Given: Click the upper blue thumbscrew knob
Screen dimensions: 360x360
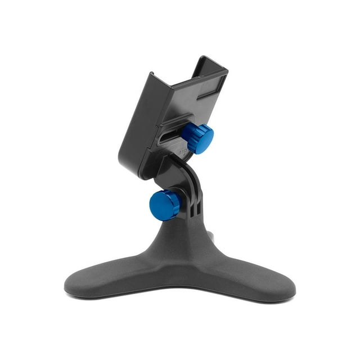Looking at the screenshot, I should (x=197, y=138).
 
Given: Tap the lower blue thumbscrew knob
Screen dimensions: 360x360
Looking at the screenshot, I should (x=165, y=205).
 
